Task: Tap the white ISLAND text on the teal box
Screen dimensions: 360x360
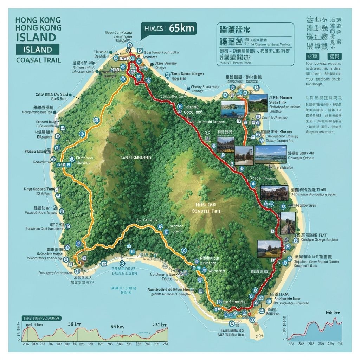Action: [x=38, y=50]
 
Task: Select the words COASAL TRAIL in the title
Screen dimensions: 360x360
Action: [x=38, y=60]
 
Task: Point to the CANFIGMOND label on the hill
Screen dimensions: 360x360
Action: [x=136, y=158]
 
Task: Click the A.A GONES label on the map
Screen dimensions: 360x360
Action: [x=147, y=220]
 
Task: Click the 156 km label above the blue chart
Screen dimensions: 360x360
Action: [x=333, y=313]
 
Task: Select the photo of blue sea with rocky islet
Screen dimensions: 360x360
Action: [x=232, y=109]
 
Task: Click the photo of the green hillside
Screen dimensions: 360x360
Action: [x=258, y=103]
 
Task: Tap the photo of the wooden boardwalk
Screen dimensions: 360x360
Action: [x=288, y=223]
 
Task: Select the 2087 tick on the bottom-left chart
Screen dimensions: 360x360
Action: [x=25, y=344]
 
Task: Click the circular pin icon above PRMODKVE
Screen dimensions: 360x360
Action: [x=122, y=263]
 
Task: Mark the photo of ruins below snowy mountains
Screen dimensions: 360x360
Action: [x=225, y=144]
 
